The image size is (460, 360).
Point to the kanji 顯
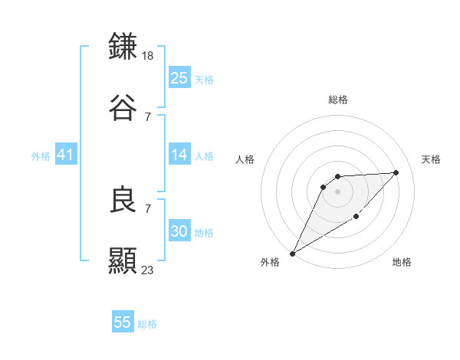[123, 260]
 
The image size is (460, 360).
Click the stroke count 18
[149, 55]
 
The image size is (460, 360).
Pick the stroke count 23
[149, 270]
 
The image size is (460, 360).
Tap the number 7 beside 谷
[147, 116]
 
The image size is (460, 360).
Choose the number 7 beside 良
[147, 208]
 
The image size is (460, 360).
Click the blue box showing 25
[179, 78]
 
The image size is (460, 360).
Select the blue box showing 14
[179, 155]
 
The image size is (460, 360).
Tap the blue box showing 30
[179, 231]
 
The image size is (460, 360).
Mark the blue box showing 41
[66, 155]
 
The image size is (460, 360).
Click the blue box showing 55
[123, 322]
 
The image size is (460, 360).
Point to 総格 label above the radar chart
[338, 100]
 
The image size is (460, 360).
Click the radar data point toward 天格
[396, 172]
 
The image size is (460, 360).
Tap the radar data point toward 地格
[356, 218]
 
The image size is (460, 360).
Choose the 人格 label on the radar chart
[246, 159]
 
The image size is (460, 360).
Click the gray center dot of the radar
[338, 191]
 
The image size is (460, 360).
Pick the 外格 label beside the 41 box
[41, 155]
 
